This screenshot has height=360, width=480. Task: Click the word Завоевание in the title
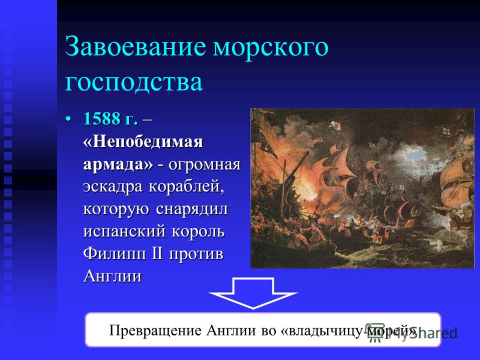[136, 47]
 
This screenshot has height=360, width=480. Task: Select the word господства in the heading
[134, 83]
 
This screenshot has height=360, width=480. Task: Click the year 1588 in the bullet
[102, 118]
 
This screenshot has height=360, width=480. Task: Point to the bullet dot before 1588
[69, 118]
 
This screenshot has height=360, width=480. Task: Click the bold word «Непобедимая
[143, 142]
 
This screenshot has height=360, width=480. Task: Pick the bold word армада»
[118, 164]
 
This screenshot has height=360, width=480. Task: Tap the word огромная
[205, 165]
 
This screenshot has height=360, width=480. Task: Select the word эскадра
[113, 187]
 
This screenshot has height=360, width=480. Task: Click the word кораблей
[187, 187]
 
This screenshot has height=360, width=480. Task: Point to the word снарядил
[192, 209]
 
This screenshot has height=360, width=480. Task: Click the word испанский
[124, 232]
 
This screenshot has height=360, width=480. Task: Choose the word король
[198, 232]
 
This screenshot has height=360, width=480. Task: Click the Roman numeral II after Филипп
[157, 254]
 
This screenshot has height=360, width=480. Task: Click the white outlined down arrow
[253, 293]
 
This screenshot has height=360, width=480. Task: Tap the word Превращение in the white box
[155, 331]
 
